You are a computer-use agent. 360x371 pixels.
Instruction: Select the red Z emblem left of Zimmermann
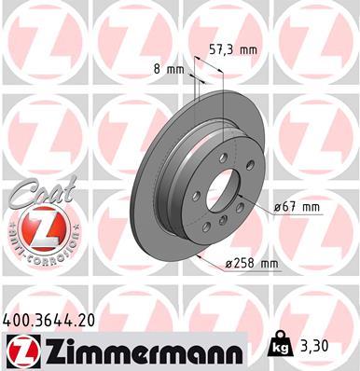point(21,350)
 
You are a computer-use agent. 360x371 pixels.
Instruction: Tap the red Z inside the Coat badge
point(42,227)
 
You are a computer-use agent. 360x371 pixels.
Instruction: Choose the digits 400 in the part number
point(18,320)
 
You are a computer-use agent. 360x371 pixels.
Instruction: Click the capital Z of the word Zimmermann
point(49,350)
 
